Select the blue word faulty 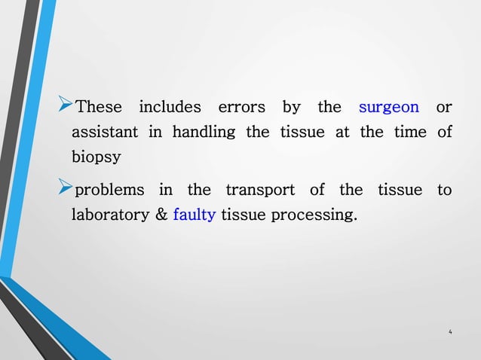pyautogui.click(x=195, y=215)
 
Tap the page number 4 pyautogui.click(x=450, y=332)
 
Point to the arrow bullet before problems pyautogui.click(x=66, y=188)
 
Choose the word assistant pyautogui.click(x=104, y=133)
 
